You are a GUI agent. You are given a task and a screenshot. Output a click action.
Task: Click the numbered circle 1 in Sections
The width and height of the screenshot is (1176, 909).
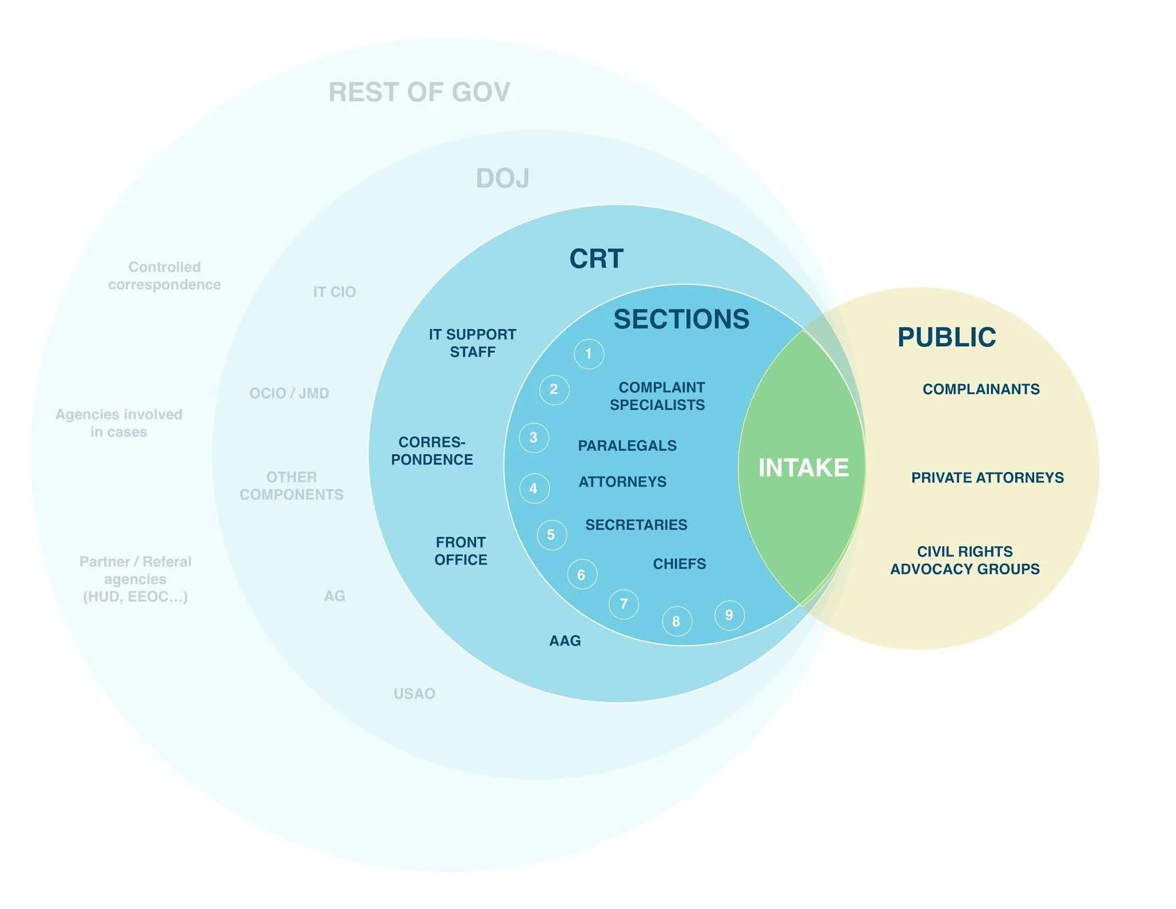pos(589,353)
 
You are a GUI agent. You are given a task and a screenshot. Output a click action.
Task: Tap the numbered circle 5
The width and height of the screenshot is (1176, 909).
pos(551,535)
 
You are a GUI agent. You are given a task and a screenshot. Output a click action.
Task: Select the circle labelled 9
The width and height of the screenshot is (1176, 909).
pos(729,615)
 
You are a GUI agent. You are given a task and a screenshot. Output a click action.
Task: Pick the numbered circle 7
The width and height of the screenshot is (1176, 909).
pos(624,604)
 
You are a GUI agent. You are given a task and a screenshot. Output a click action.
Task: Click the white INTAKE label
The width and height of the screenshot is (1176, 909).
pos(803,467)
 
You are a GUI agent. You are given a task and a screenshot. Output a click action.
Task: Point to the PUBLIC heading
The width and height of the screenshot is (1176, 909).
pos(946,337)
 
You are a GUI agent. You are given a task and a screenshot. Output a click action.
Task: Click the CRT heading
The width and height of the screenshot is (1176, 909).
pos(596,259)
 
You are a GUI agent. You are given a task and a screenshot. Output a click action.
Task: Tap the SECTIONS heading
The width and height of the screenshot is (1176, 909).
pos(681,319)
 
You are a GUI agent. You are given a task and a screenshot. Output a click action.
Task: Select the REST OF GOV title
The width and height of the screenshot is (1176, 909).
pos(419,92)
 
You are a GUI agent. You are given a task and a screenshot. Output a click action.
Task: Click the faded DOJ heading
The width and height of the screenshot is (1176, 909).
pos(502,179)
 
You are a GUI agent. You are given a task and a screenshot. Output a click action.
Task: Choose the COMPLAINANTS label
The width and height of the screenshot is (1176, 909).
pos(981,389)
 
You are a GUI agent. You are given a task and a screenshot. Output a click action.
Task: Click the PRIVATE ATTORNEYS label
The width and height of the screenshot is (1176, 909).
pos(987,478)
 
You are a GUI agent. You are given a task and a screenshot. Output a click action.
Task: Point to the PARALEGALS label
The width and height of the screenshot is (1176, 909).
pos(627,446)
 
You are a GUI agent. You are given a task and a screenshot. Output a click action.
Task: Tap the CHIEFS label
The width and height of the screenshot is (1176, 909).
pos(679,564)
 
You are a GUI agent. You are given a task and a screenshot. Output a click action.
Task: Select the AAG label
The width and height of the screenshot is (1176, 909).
pos(565,641)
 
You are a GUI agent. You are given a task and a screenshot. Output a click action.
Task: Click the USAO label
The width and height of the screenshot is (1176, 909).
pos(414,694)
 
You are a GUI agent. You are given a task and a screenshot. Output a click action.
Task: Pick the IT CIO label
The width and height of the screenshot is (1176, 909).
pos(334,292)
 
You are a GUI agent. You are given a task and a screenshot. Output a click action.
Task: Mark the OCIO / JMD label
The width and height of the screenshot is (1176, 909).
pos(289,393)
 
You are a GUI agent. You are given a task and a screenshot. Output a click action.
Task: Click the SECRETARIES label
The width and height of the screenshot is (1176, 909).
pos(636,525)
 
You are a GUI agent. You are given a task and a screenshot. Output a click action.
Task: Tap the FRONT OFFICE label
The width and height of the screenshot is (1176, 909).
pos(461,551)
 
